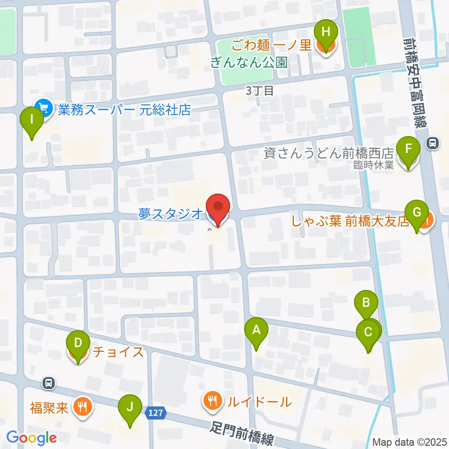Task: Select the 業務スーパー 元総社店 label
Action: [124, 110]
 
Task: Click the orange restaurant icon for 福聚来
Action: [82, 406]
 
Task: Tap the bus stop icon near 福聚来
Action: [49, 383]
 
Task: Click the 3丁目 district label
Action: [260, 91]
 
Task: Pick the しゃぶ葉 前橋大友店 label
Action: [350, 221]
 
